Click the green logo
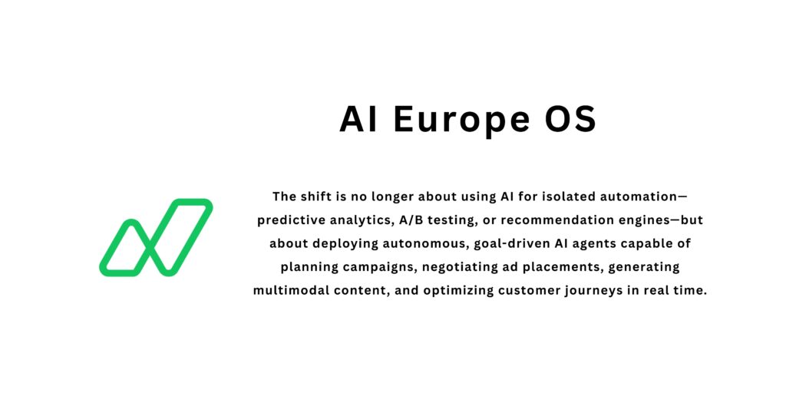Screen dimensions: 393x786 [156, 237]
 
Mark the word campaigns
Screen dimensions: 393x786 [364, 267]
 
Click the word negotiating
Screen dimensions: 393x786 [447, 267]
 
